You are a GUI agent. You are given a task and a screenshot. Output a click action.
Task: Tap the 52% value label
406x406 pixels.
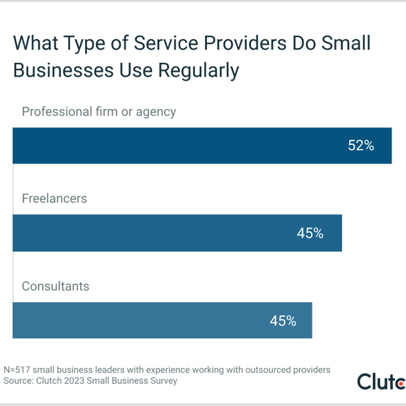tap(361, 146)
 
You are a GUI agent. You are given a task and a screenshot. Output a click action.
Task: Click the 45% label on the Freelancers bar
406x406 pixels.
tap(310, 233)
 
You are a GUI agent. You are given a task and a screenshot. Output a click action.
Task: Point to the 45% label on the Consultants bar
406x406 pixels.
tap(283, 320)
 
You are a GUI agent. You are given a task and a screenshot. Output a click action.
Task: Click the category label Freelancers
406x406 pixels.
tap(54, 198)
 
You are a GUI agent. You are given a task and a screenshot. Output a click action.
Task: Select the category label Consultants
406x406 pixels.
tap(55, 286)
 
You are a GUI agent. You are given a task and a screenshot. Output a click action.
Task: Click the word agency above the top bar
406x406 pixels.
tap(155, 113)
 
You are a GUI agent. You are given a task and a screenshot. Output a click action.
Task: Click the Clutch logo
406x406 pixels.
tap(381, 381)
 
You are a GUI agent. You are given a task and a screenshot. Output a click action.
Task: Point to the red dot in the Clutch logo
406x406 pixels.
tap(401, 384)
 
